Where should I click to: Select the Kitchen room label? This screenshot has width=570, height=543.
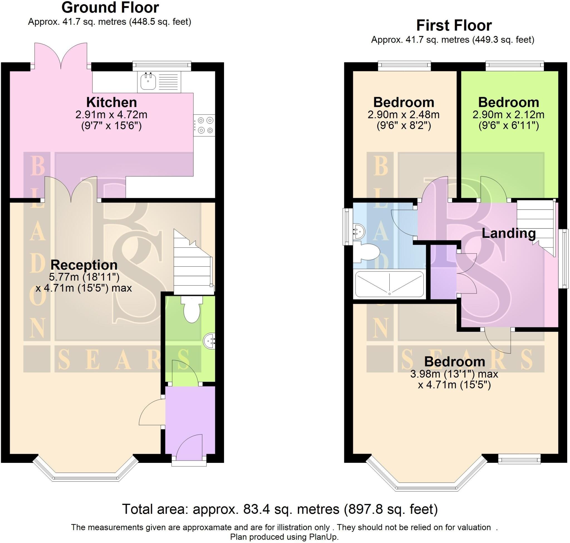[x=111, y=102]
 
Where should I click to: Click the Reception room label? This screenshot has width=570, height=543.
[x=84, y=265]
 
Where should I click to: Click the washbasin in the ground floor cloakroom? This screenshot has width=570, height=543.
[x=210, y=341]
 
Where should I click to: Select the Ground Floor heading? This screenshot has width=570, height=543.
[x=110, y=8]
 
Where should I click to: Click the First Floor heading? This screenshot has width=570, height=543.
[x=454, y=26]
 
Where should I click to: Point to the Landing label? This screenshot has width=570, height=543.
[x=508, y=233]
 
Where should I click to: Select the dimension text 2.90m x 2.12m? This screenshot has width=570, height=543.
[x=508, y=115]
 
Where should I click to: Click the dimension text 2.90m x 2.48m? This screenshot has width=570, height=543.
[x=404, y=115]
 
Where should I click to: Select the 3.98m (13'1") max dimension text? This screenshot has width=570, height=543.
[x=454, y=374]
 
